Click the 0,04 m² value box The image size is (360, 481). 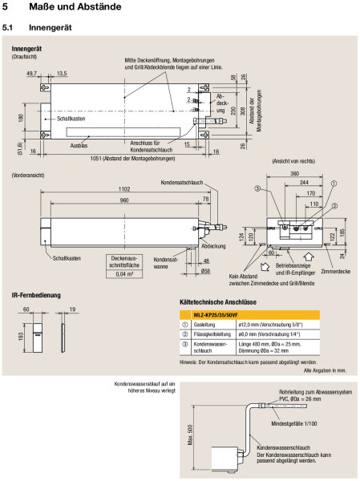pyautogui.click(x=124, y=273)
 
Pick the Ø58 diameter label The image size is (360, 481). pyautogui.click(x=206, y=271)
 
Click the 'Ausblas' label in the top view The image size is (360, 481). pyautogui.click(x=79, y=146)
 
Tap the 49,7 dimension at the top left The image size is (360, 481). pyautogui.click(x=33, y=73)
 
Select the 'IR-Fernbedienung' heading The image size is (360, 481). pyautogui.click(x=36, y=296)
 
